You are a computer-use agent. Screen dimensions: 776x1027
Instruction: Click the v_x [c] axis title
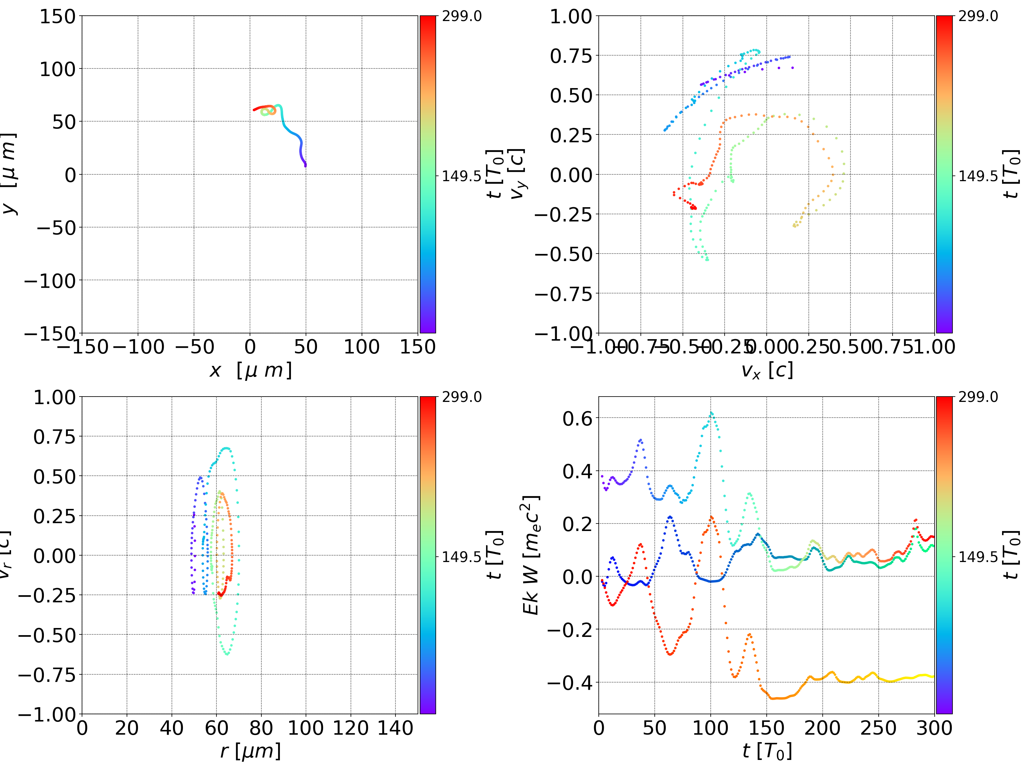coord(767,370)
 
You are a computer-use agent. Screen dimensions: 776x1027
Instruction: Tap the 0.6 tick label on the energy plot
coord(578,418)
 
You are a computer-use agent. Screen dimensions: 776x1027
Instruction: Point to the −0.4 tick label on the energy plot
coord(570,683)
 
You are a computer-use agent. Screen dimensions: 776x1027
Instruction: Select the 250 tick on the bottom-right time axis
coord(878,728)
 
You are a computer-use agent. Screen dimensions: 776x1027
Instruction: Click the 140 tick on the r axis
coord(395,728)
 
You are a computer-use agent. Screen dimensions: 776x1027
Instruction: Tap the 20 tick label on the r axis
coord(127,728)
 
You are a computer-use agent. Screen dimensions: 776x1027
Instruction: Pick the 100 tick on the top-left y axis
coord(57,69)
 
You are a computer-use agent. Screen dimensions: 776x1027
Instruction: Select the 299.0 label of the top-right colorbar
coord(978,16)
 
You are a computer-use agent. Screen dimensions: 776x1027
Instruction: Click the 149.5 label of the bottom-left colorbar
coord(461,556)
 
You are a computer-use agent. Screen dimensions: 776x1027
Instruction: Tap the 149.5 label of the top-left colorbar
coord(461,176)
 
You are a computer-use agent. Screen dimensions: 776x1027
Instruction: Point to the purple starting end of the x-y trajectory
coord(305,165)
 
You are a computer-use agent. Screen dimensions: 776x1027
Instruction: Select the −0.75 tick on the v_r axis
coord(46,675)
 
